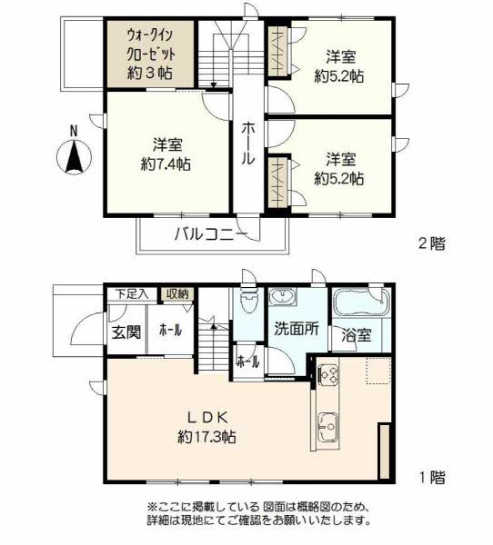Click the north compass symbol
pos(74,153)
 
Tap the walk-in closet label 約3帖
pos(150,73)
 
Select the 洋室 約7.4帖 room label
pos(166,154)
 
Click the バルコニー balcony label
pos(211,234)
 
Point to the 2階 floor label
pos(432,243)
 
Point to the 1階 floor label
pos(432,477)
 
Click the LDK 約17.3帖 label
pos(207,427)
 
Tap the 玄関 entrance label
pos(126,332)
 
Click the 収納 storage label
pos(177,294)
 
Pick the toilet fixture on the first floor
pos(248,299)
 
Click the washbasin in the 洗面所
pos(283,296)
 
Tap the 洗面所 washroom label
pos(297,328)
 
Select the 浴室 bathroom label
pos(357,334)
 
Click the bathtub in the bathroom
pos(362,302)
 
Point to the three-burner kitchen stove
pos(328,374)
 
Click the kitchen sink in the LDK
pos(328,427)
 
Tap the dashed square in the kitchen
pos(378,371)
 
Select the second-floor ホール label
pos(248,144)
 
